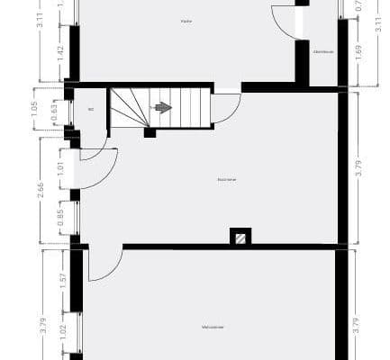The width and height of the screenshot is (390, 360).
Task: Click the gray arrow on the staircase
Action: click(x=163, y=107)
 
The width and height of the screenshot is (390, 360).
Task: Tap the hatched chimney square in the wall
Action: click(x=240, y=237)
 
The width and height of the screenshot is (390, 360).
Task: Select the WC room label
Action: click(x=91, y=110)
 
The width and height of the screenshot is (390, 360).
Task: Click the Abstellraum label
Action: click(x=323, y=51)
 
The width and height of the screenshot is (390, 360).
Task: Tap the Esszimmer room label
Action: click(x=226, y=179)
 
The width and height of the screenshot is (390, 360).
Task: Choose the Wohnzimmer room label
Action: click(x=213, y=327)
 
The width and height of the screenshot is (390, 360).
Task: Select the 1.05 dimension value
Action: click(x=34, y=108)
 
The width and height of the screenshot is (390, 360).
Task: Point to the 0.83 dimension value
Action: click(x=56, y=112)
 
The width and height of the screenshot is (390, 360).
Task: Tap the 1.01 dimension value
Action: click(x=60, y=166)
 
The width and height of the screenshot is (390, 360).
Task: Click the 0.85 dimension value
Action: click(x=60, y=216)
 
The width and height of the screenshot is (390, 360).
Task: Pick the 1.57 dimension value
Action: click(x=60, y=282)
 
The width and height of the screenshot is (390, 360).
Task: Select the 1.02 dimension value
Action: click(x=60, y=331)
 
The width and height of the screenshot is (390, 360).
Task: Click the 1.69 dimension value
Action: click(x=359, y=51)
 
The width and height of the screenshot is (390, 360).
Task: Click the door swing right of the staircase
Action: click(x=226, y=108)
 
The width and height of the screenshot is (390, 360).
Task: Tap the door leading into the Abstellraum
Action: click(x=286, y=22)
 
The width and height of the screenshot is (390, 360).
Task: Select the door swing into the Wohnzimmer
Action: click(x=105, y=263)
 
